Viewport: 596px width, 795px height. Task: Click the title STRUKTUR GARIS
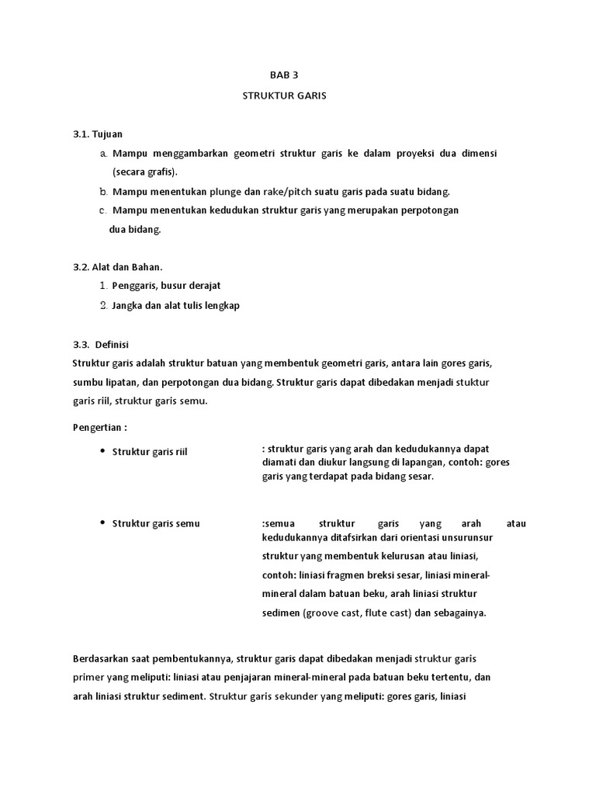click(285, 96)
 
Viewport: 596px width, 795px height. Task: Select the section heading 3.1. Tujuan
click(98, 134)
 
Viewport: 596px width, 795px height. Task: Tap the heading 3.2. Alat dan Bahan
click(117, 267)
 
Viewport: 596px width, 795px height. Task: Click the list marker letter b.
click(102, 191)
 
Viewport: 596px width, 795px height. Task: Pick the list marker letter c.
click(102, 210)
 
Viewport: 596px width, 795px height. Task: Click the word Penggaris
click(134, 286)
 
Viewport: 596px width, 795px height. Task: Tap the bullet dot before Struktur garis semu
click(102, 523)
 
